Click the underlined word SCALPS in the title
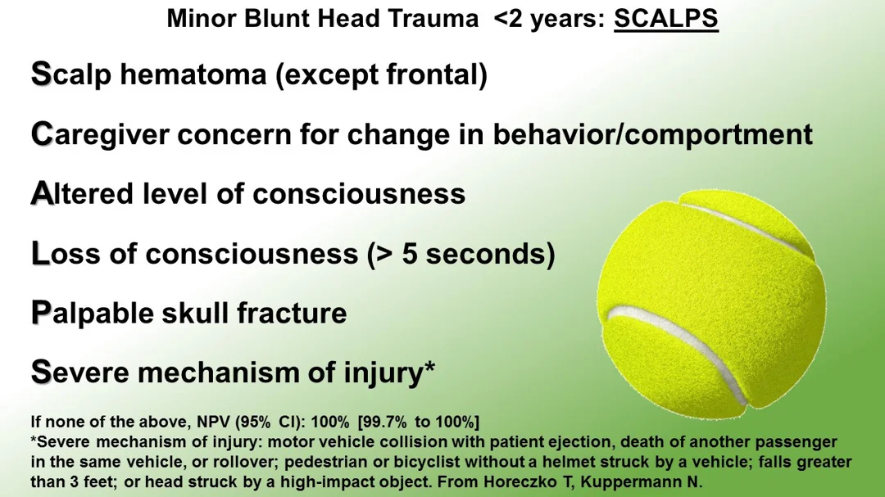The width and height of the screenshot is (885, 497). coord(666,18)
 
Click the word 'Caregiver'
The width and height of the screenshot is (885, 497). coord(100,135)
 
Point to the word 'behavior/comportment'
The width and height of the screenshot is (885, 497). coord(652,135)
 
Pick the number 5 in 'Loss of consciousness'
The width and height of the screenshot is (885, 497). coord(409,254)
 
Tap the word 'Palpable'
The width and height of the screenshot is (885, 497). coord(92,314)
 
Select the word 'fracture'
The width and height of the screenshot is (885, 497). coord(292,313)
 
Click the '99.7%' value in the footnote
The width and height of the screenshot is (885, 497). coord(383,422)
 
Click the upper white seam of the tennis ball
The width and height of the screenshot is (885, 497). coord(745,225)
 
